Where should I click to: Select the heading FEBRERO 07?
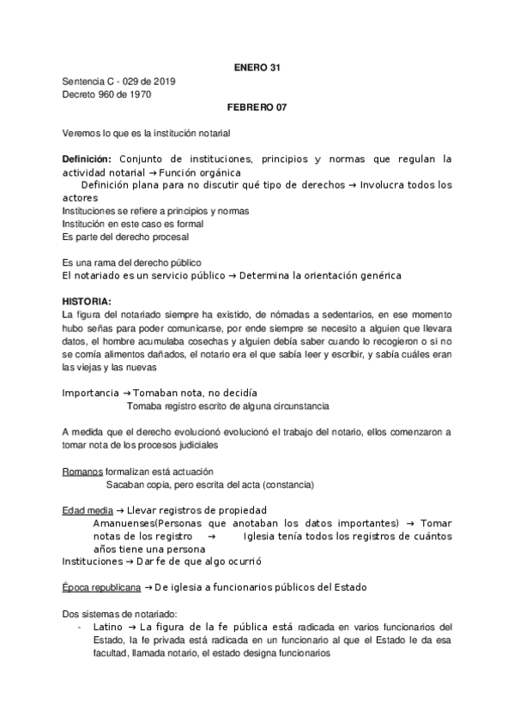pyautogui.click(x=257, y=109)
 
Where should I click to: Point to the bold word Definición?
pyautogui.click(x=88, y=160)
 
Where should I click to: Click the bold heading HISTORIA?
pyautogui.click(x=86, y=303)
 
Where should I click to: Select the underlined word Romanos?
pyautogui.click(x=83, y=472)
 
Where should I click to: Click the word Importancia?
pyautogui.click(x=90, y=392)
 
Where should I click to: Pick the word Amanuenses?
pyautogui.click(x=125, y=524)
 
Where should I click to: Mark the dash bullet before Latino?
pyautogui.click(x=79, y=626)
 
